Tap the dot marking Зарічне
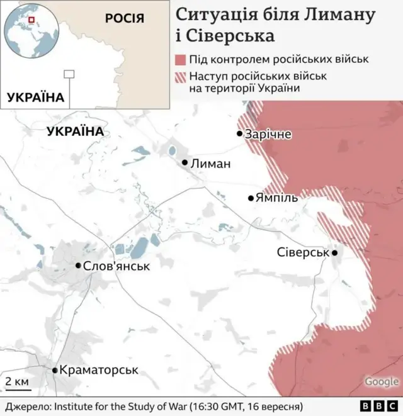point(240,133)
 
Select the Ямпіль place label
point(276,198)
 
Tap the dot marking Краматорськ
point(55,371)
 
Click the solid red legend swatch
point(180,60)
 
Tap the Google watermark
point(381,381)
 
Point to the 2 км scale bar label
point(17,382)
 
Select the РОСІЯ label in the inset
point(125,18)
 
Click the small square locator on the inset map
point(69,74)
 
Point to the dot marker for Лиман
point(185,162)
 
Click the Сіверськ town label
point(304,252)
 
